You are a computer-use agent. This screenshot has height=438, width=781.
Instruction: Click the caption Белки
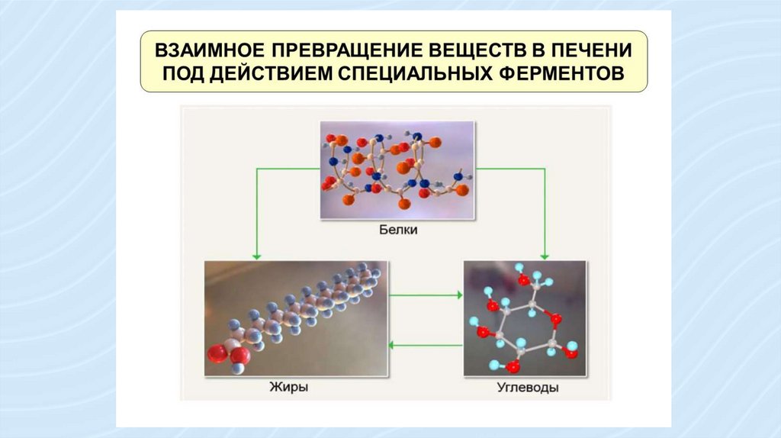(397, 228)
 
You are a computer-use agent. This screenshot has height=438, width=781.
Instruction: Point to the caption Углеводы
(524, 388)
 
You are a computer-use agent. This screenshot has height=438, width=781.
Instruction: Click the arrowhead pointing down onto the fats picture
(256, 255)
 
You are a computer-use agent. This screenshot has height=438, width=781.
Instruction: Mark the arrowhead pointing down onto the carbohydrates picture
(544, 255)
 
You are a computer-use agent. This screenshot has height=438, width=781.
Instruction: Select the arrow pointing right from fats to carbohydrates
(427, 294)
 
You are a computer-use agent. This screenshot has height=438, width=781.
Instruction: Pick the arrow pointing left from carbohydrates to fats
(427, 345)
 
